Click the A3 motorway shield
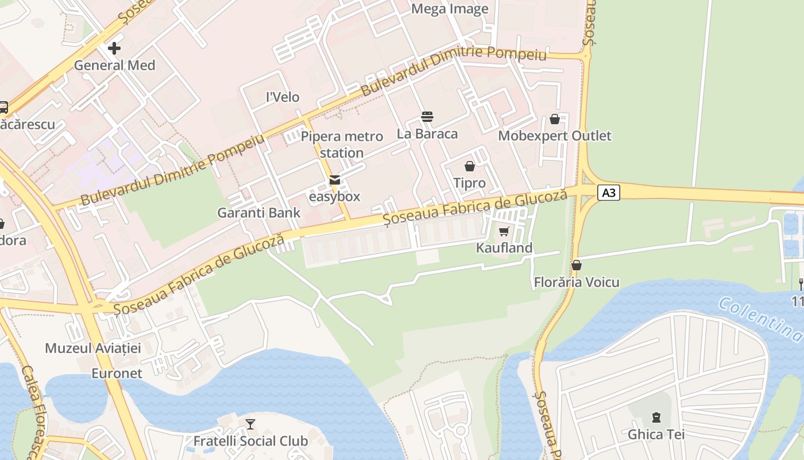coord(609,192)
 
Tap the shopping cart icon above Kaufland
coord(504,231)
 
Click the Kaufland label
coord(504,248)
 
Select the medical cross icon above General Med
coord(114,48)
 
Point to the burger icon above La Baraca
coord(427,117)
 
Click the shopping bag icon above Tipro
coord(470,166)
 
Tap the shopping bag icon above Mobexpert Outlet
coord(555,119)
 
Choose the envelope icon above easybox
coord(334,180)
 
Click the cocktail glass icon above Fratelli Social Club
coord(250,424)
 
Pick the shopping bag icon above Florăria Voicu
coord(577,265)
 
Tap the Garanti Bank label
coord(258,213)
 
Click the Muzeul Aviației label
coord(93,348)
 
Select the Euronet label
coord(117,374)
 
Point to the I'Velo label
coord(283,97)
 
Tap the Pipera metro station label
coord(342,144)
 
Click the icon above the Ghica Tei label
coord(656,417)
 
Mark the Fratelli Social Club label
coord(250,441)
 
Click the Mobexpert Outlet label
coord(555,136)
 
